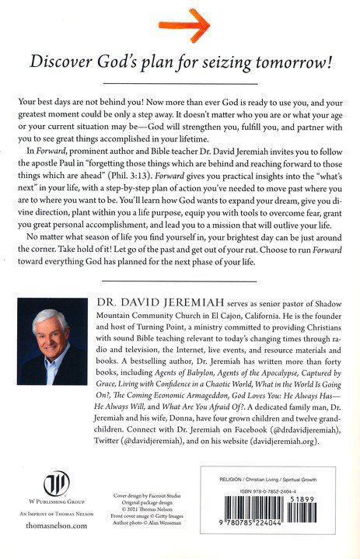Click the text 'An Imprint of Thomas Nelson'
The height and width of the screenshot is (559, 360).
click(47, 522)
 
